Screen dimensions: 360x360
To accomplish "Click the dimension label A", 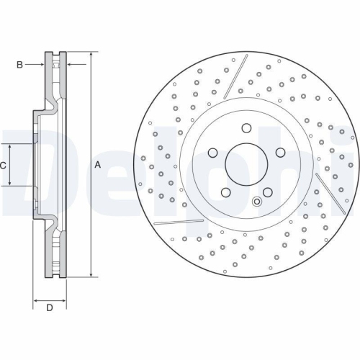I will [98, 165].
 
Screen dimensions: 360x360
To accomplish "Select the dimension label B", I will [20, 65].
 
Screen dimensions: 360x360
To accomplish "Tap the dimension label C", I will [4, 165].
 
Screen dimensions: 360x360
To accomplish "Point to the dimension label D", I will [50, 308].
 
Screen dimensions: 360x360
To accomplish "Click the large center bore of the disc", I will [246, 165].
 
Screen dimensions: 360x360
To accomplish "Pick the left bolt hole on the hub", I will [212, 153].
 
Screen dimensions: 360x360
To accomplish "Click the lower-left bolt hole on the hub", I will [225, 193].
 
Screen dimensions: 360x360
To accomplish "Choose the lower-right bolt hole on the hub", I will [266, 193].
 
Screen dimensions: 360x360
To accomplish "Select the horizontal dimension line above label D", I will [50, 297].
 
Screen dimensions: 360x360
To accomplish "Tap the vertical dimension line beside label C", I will [9, 165].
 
